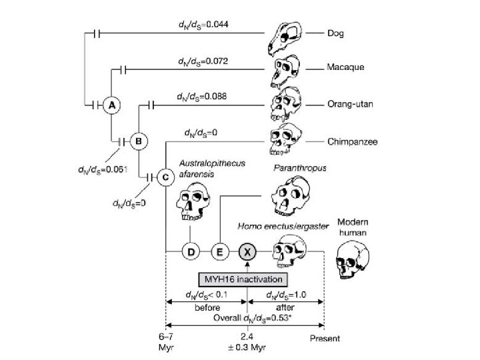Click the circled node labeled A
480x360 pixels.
(113, 105)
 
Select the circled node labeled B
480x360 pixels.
(139, 141)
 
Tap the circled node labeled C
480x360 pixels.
(165, 177)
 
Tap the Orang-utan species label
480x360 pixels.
(348, 105)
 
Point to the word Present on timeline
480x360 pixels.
(324, 338)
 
